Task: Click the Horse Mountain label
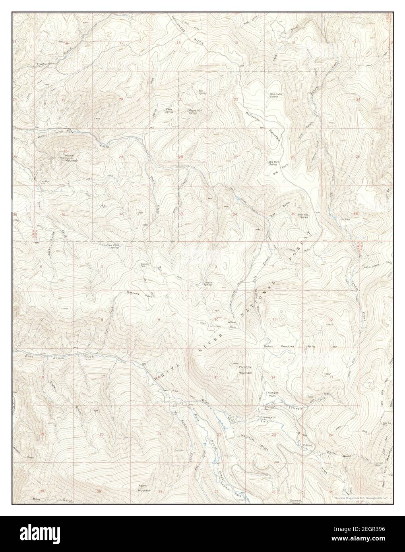pyautogui.click(x=72, y=158)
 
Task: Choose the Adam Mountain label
pyautogui.click(x=144, y=488)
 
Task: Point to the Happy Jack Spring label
pyautogui.click(x=193, y=112)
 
